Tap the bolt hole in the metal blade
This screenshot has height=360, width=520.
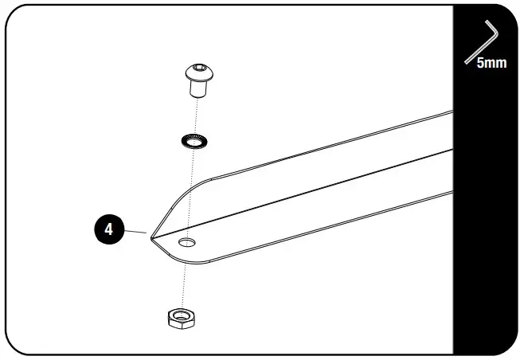[187, 241]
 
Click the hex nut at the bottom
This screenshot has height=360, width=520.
[182, 319]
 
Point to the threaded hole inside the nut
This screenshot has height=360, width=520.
[182, 316]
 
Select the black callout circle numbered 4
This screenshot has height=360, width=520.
[108, 231]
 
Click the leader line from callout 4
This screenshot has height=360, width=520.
[135, 232]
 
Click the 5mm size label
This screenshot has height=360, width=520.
[491, 63]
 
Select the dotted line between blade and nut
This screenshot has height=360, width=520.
[185, 279]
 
